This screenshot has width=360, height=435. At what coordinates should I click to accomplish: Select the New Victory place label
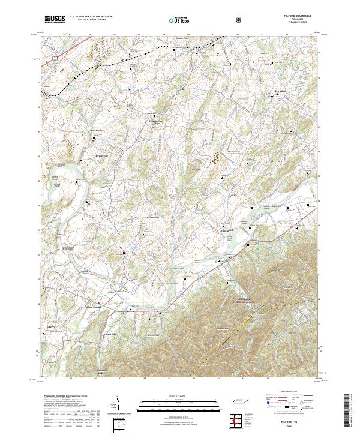(281, 92)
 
